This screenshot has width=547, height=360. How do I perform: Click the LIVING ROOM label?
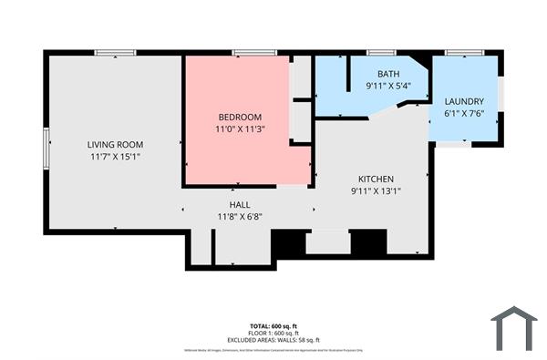115,144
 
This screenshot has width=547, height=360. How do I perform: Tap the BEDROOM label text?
240,117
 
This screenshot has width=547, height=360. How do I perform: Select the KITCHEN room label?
376,179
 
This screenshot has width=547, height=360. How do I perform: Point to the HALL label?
240,204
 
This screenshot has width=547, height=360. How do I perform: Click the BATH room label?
388,75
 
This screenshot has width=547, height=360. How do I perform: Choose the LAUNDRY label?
464,101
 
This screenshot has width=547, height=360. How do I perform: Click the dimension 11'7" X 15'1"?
115,157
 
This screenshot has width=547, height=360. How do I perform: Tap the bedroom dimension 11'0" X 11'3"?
240,129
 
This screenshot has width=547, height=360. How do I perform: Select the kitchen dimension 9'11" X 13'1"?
376,191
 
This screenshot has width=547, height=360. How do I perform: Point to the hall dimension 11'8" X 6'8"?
240,217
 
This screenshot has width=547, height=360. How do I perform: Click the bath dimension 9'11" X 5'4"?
388,87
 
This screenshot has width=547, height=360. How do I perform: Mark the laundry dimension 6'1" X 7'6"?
464,114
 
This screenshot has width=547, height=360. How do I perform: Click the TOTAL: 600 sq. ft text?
273,326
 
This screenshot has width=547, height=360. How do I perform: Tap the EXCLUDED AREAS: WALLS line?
273,340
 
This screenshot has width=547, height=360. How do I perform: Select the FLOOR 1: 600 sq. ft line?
273,334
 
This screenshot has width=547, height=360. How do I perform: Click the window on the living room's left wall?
46,148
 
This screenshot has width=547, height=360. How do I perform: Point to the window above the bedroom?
254,53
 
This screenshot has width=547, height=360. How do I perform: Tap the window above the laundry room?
464,53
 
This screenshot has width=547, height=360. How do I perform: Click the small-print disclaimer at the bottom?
273,349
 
